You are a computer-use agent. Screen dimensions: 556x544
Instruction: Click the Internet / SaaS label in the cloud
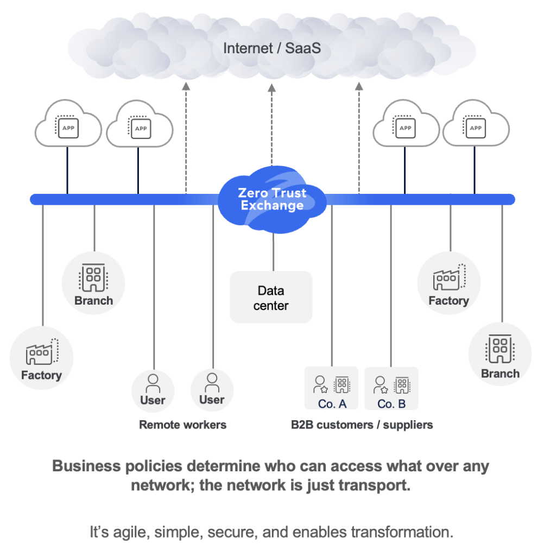[271, 48]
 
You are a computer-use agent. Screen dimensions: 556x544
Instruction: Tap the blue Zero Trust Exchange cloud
[272, 199]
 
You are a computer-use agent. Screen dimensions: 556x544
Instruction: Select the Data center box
[271, 298]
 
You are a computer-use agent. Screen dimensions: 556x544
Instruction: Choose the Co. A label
[332, 403]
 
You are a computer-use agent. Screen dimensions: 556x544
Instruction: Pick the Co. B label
[391, 403]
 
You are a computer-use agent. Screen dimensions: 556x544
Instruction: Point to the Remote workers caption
[182, 425]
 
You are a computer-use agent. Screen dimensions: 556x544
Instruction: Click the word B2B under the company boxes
[302, 425]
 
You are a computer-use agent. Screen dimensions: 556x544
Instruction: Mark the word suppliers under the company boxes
[408, 425]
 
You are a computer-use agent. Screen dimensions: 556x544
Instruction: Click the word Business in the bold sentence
[81, 466]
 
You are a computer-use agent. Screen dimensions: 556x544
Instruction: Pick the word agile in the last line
[129, 532]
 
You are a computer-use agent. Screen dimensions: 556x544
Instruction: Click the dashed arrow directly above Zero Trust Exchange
[272, 130]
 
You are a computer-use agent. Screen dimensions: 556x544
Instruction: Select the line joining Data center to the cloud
[273, 252]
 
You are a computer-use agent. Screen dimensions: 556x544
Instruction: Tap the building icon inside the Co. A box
[341, 384]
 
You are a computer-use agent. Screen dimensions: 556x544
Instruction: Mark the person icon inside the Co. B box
[381, 384]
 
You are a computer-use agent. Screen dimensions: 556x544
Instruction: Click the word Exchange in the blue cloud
[272, 206]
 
